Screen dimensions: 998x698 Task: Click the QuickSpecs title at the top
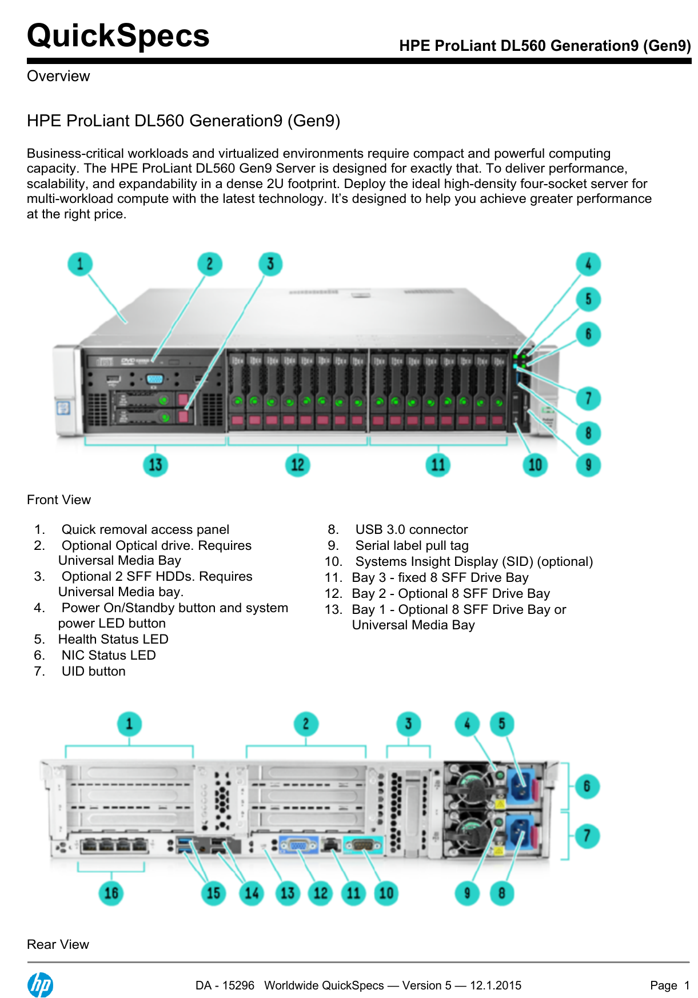[x=118, y=35]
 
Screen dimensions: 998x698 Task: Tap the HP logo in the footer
[x=40, y=985]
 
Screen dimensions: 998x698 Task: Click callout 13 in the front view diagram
[x=155, y=465]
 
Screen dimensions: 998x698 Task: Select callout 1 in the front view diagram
[x=80, y=264]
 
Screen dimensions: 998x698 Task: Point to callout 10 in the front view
[x=535, y=465]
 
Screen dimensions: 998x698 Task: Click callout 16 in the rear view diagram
[x=111, y=893]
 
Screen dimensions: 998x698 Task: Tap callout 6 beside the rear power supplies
[x=587, y=787]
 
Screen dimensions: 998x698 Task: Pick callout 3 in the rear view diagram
[x=408, y=724]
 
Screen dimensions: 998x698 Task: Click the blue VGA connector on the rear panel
[x=298, y=845]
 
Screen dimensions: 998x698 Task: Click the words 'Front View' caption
[x=59, y=500]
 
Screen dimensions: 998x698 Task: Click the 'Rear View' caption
[x=58, y=944]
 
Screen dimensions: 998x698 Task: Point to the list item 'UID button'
[x=93, y=671]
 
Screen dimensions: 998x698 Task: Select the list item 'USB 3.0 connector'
[x=411, y=529]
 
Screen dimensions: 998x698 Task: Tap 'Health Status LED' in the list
[x=113, y=639]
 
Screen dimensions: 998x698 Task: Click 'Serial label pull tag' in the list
[x=412, y=545]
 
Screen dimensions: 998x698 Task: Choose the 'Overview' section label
[x=58, y=76]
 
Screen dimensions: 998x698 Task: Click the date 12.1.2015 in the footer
[x=495, y=985]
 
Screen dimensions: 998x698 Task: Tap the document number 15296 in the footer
[x=238, y=985]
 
